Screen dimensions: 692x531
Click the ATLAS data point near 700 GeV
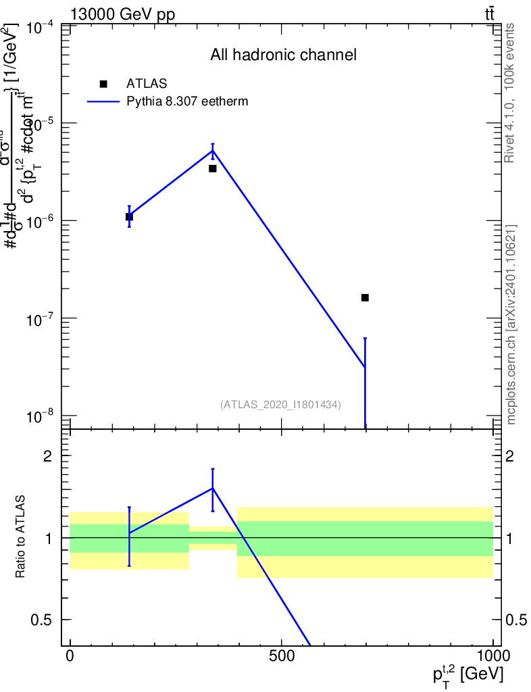pyautogui.click(x=365, y=297)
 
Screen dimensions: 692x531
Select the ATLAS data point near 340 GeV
pyautogui.click(x=212, y=168)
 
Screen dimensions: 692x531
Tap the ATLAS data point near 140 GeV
pyautogui.click(x=129, y=217)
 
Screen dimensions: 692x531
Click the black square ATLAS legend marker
pyautogui.click(x=103, y=84)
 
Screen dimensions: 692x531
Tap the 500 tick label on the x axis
pyautogui.click(x=281, y=656)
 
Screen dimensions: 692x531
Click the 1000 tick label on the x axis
pyautogui.click(x=493, y=656)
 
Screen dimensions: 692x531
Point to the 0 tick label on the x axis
pyautogui.click(x=70, y=656)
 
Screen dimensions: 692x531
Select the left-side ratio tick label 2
pyautogui.click(x=48, y=455)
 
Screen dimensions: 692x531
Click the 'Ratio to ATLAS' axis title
pyautogui.click(x=22, y=537)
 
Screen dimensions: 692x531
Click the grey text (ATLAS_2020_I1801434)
pyautogui.click(x=280, y=405)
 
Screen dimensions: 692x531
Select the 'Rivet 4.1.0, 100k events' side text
pyautogui.click(x=510, y=93)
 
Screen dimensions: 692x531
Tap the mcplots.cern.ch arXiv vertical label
pyautogui.click(x=511, y=324)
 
